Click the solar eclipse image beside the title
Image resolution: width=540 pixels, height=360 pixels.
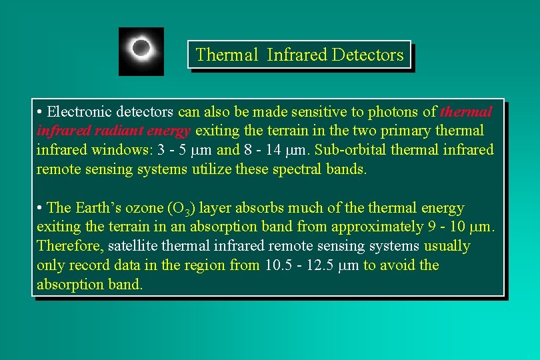coord(141,51)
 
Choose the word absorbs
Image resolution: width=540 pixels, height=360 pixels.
coord(253,208)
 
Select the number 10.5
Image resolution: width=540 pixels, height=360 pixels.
coord(277,265)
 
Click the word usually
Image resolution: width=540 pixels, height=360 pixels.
coord(447,247)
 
